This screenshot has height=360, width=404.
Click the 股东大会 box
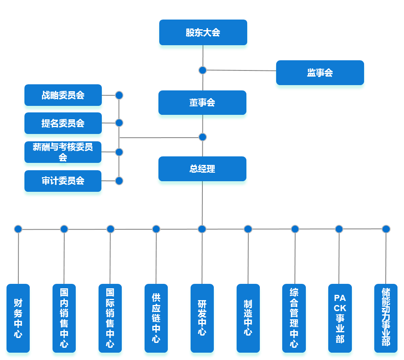pos(203,33)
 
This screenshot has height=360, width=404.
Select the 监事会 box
pos(320,73)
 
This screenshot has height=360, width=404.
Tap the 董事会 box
pos(202,103)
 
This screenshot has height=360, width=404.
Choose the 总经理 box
pos(202,169)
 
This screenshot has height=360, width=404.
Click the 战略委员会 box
pos(63,96)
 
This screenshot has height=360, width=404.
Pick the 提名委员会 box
pos(63,123)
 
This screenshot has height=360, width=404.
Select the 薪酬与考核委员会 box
pos(63,152)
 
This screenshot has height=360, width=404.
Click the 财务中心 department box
pos(18,318)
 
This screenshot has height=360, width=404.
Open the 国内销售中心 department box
pos(64,318)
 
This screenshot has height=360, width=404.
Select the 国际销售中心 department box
pos(110,318)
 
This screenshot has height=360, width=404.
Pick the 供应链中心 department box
pos(156,318)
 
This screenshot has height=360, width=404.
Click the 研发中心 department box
pos(202,318)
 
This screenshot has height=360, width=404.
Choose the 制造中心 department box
pos(248,318)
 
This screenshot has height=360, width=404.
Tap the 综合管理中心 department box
pos(294,318)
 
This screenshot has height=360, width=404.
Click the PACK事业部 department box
pos(340,318)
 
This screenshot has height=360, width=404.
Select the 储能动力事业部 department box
pos(386,318)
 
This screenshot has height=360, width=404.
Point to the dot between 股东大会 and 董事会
pos(202,70)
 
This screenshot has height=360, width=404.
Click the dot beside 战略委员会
pos(119,95)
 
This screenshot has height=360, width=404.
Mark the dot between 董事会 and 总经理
pos(202,137)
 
